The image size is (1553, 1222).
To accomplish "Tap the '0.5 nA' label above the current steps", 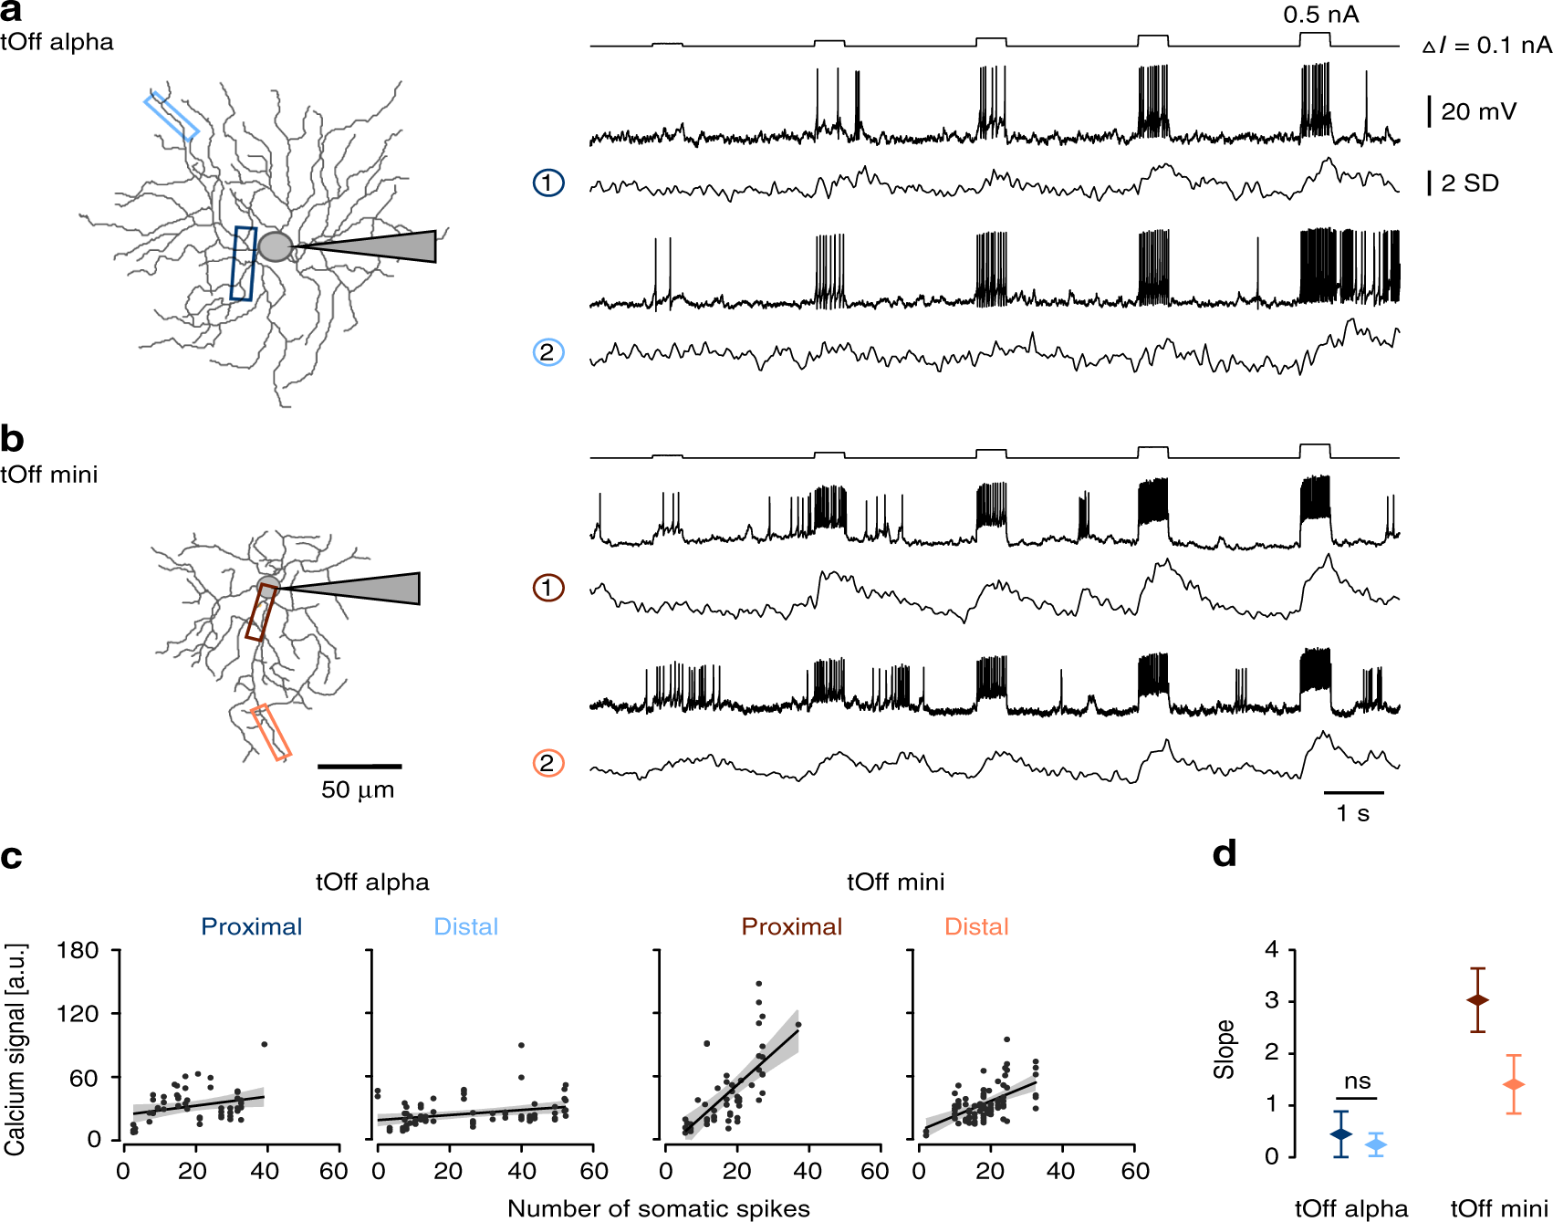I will pyautogui.click(x=1320, y=15).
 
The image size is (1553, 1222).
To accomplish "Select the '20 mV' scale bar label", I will pyautogui.click(x=1478, y=112).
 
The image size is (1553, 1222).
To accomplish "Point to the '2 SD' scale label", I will pyautogui.click(x=1470, y=183).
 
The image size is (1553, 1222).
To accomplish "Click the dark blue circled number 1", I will pyautogui.click(x=547, y=183).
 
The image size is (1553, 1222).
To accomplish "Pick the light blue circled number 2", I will pyautogui.click(x=547, y=352).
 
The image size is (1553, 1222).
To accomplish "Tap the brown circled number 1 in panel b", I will pyautogui.click(x=547, y=588).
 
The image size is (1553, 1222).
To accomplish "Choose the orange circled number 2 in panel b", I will pyautogui.click(x=547, y=763).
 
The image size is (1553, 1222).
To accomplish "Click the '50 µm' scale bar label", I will pyautogui.click(x=358, y=789).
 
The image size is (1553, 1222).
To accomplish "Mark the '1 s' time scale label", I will pyautogui.click(x=1352, y=813).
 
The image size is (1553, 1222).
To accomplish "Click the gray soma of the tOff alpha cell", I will pyautogui.click(x=275, y=246).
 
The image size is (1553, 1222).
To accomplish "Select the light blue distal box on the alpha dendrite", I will pyautogui.click(x=172, y=116).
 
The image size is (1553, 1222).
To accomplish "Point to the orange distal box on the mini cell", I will pyautogui.click(x=271, y=732).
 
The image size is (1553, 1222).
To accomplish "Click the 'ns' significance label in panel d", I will pyautogui.click(x=1357, y=1081).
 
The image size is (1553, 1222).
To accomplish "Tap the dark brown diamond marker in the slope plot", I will pyautogui.click(x=1477, y=1000).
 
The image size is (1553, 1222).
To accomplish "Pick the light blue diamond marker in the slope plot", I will pyautogui.click(x=1376, y=1144).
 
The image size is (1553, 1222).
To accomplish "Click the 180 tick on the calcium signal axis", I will pyautogui.click(x=78, y=951).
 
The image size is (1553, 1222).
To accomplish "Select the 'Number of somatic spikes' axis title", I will pyautogui.click(x=658, y=1208).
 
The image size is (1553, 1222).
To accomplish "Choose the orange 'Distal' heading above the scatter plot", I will pyautogui.click(x=976, y=927).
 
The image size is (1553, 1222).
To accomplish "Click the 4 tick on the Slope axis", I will pyautogui.click(x=1271, y=950).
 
